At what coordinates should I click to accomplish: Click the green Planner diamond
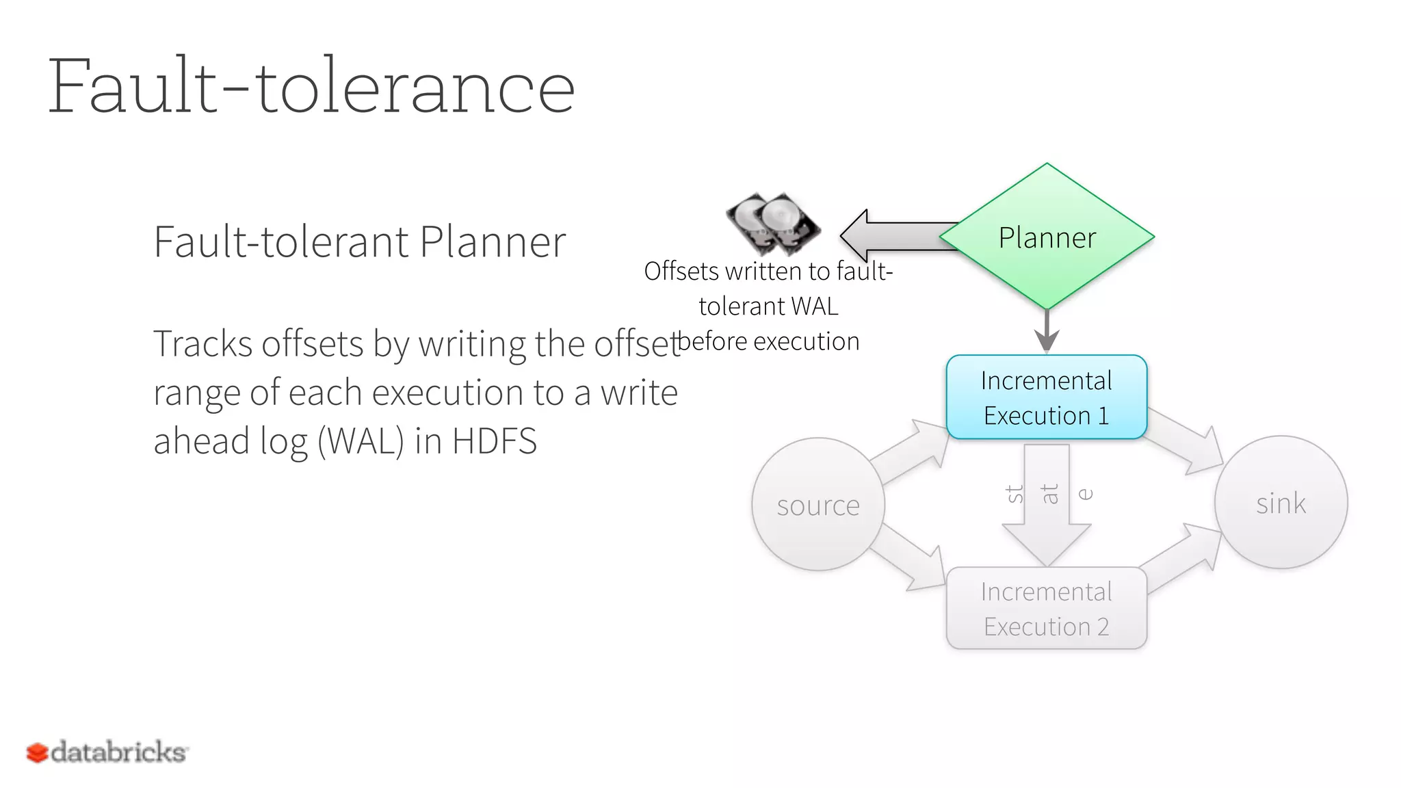click(x=1047, y=236)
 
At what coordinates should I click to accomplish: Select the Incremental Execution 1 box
click(x=1046, y=397)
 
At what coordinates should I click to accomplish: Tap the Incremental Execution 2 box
click(x=1046, y=608)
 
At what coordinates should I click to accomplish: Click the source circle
click(x=818, y=505)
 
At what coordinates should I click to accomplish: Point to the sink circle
click(x=1281, y=503)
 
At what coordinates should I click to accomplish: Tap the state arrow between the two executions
click(x=1047, y=506)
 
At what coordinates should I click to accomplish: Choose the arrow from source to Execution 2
click(x=910, y=557)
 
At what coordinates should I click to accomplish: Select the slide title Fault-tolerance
click(x=311, y=87)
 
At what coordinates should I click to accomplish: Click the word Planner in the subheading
click(x=493, y=241)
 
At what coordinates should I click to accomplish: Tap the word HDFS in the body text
click(x=494, y=441)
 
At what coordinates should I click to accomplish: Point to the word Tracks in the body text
click(x=202, y=343)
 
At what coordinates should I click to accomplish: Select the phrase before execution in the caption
click(x=768, y=341)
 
